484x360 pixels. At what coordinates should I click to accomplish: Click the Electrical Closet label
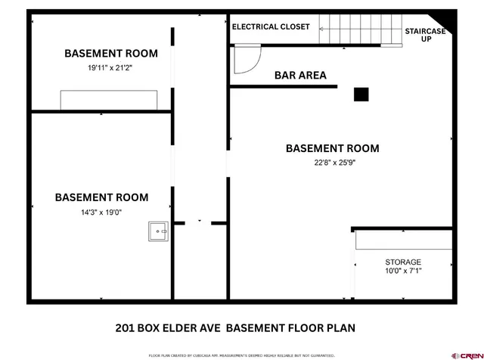tap(271, 26)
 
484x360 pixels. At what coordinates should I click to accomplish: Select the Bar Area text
tap(299, 75)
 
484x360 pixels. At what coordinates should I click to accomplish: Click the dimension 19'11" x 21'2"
tap(110, 67)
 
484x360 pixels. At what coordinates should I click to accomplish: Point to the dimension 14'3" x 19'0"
tap(101, 213)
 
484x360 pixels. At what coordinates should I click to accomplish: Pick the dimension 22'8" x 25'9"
tap(332, 163)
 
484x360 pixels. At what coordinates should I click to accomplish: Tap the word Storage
tap(403, 262)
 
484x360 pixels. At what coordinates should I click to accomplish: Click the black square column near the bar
tap(361, 94)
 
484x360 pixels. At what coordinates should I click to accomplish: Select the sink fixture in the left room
tap(159, 231)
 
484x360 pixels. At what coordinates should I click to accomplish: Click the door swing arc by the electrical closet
tap(247, 61)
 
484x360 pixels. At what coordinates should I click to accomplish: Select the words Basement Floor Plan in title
tap(290, 328)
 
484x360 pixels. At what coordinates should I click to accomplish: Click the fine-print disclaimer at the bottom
tap(241, 354)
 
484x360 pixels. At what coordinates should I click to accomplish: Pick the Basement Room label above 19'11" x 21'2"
tap(110, 53)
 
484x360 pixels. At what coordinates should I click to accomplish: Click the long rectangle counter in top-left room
tap(109, 100)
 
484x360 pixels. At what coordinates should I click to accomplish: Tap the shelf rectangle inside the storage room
tap(404, 240)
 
